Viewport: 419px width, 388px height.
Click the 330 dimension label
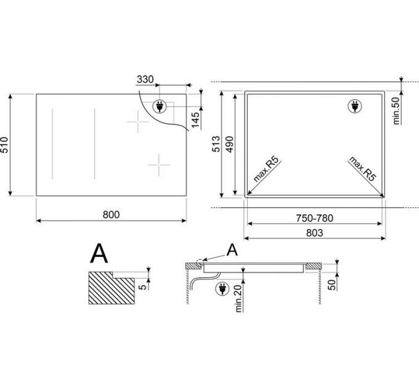point(145,79)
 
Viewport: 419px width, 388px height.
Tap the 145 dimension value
point(195,120)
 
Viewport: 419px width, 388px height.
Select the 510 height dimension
point(4,145)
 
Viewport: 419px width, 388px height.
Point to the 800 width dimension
point(111,214)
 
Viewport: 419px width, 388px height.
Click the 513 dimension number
point(216,144)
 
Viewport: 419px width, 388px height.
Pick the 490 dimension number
point(230,144)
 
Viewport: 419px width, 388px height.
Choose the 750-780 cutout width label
point(314,218)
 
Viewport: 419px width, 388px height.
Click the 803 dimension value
point(314,233)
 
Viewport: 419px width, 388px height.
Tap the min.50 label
point(396,111)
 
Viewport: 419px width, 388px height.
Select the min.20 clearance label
point(238,298)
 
